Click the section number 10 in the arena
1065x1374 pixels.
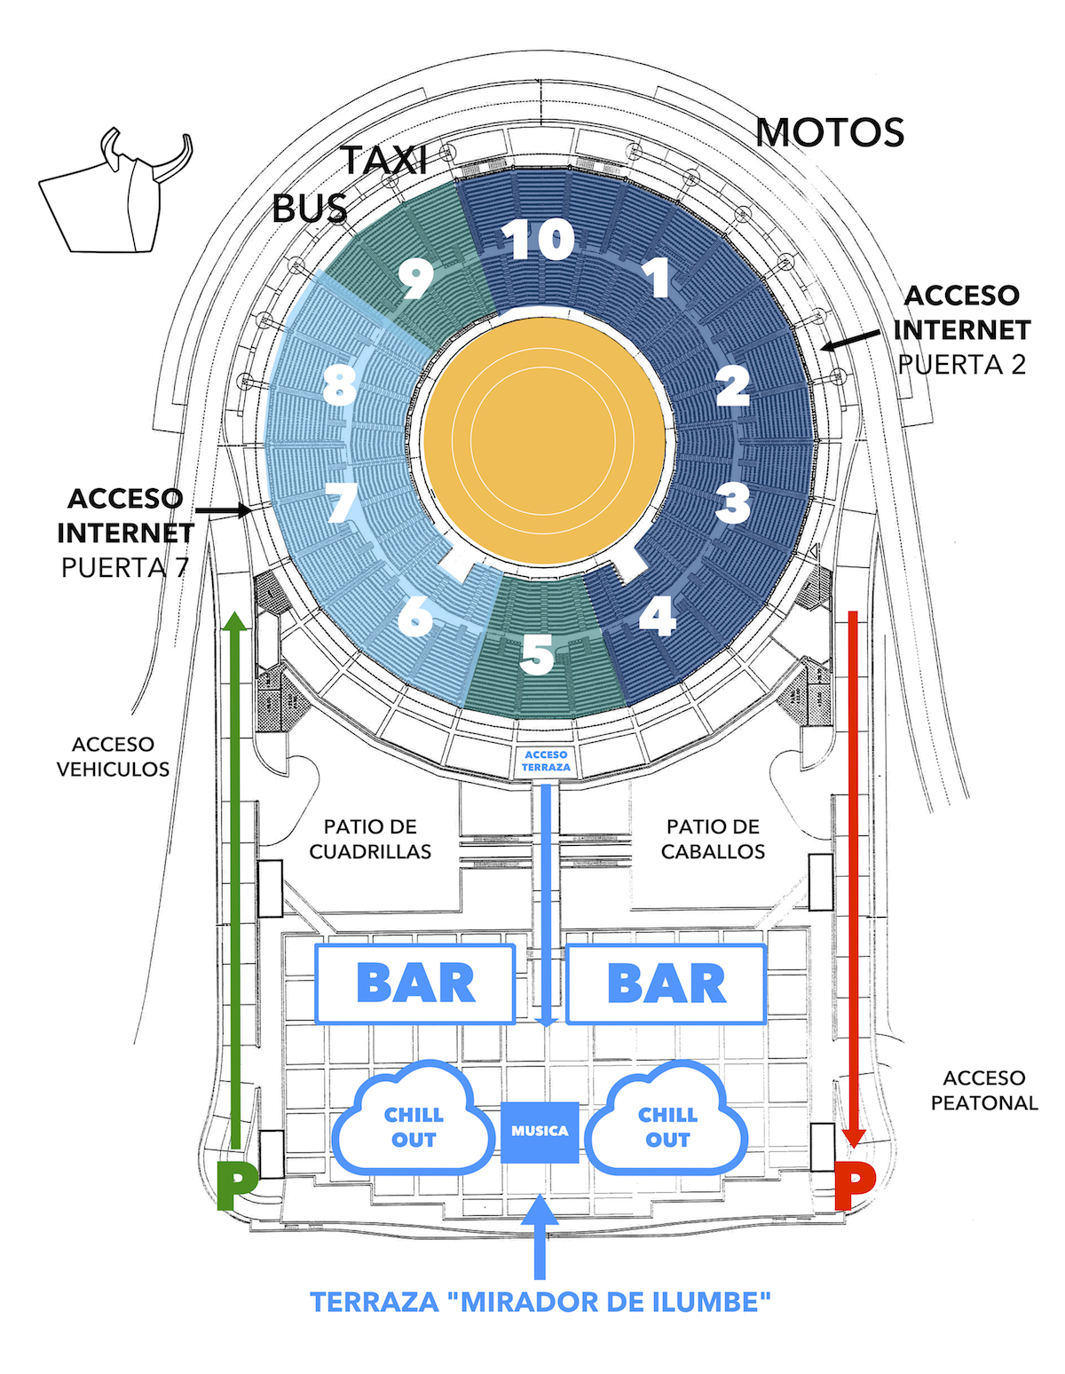coord(538,239)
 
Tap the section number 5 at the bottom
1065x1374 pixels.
coord(537,655)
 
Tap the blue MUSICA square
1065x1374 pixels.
coord(540,1132)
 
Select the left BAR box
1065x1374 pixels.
coord(415,983)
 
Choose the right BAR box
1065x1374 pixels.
coord(667,983)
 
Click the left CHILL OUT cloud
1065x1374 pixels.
coord(414,1126)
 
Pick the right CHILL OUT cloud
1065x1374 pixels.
coord(667,1126)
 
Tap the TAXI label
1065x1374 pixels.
coord(385,161)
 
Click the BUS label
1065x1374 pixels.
coord(309,209)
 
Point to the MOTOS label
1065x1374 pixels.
coord(830,133)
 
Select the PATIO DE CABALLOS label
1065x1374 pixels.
coord(713,839)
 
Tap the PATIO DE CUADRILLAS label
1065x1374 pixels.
coord(370,839)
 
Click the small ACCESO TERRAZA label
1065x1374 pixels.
coord(546,761)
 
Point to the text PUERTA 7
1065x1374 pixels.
coord(124,568)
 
